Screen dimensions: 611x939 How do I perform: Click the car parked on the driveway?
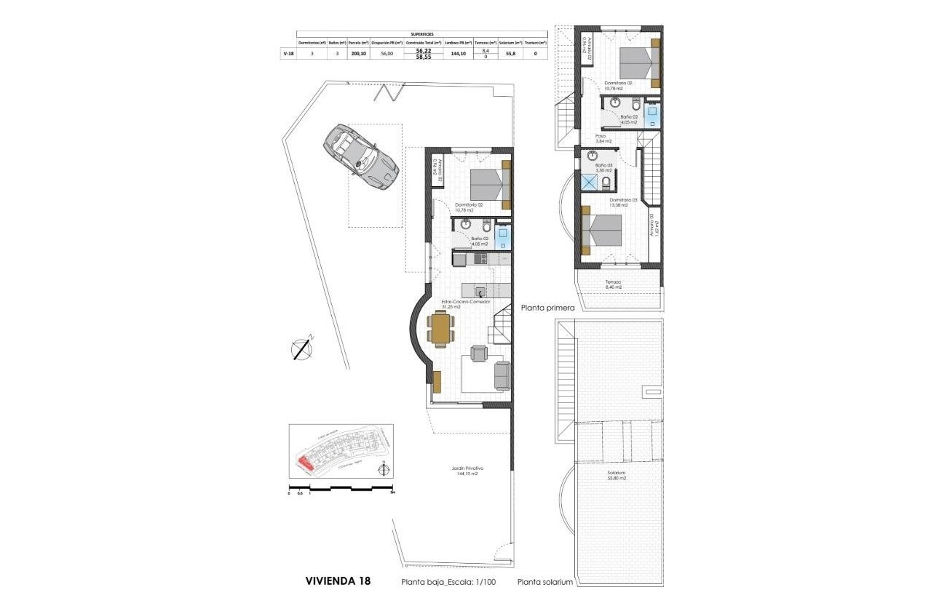pos(360,152)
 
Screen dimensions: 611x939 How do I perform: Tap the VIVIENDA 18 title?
pos(338,581)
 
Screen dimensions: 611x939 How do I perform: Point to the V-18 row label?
pos(288,53)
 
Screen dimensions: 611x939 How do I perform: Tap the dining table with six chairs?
pos(441,328)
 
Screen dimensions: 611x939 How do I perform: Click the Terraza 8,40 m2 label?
pos(614,284)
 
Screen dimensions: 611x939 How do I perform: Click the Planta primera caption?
pos(548,308)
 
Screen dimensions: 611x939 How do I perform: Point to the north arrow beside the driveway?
pos(302,348)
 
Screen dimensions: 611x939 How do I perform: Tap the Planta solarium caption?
pos(545,583)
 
